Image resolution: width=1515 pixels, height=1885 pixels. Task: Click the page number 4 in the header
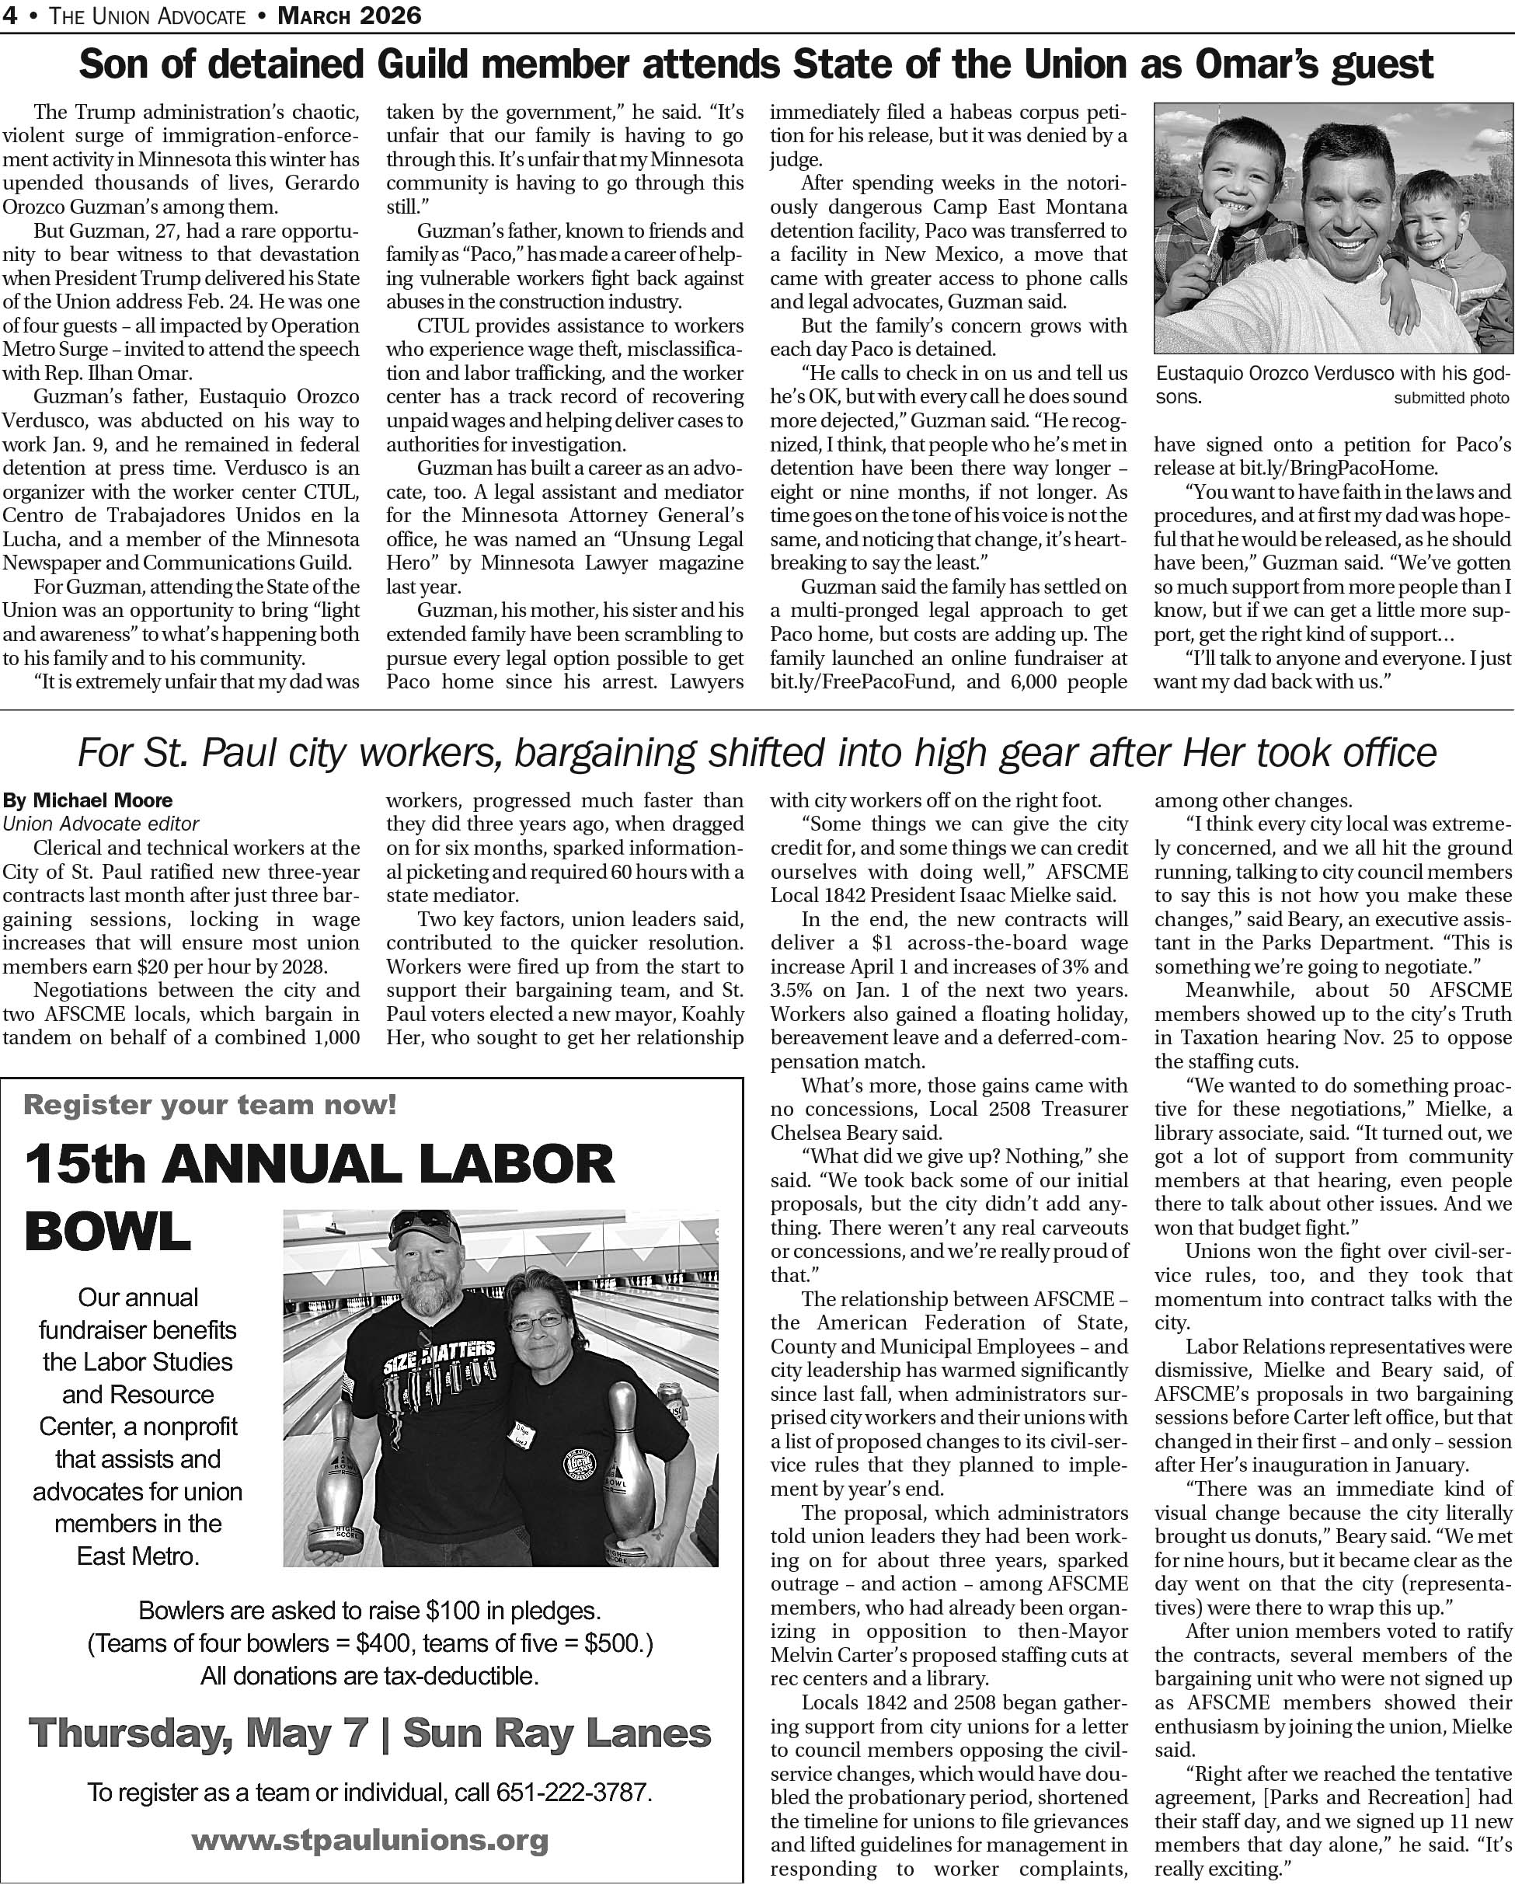[9, 15]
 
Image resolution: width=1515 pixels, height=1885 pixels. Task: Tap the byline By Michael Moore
[88, 800]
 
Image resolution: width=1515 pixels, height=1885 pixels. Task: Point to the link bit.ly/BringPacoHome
[1294, 468]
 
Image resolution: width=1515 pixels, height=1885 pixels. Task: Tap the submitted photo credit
[1451, 399]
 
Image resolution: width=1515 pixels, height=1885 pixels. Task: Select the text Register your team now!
[210, 1104]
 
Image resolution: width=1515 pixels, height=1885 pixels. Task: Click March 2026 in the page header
[349, 15]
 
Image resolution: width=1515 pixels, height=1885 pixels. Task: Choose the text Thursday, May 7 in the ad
[197, 1733]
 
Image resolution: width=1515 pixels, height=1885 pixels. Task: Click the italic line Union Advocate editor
[100, 824]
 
